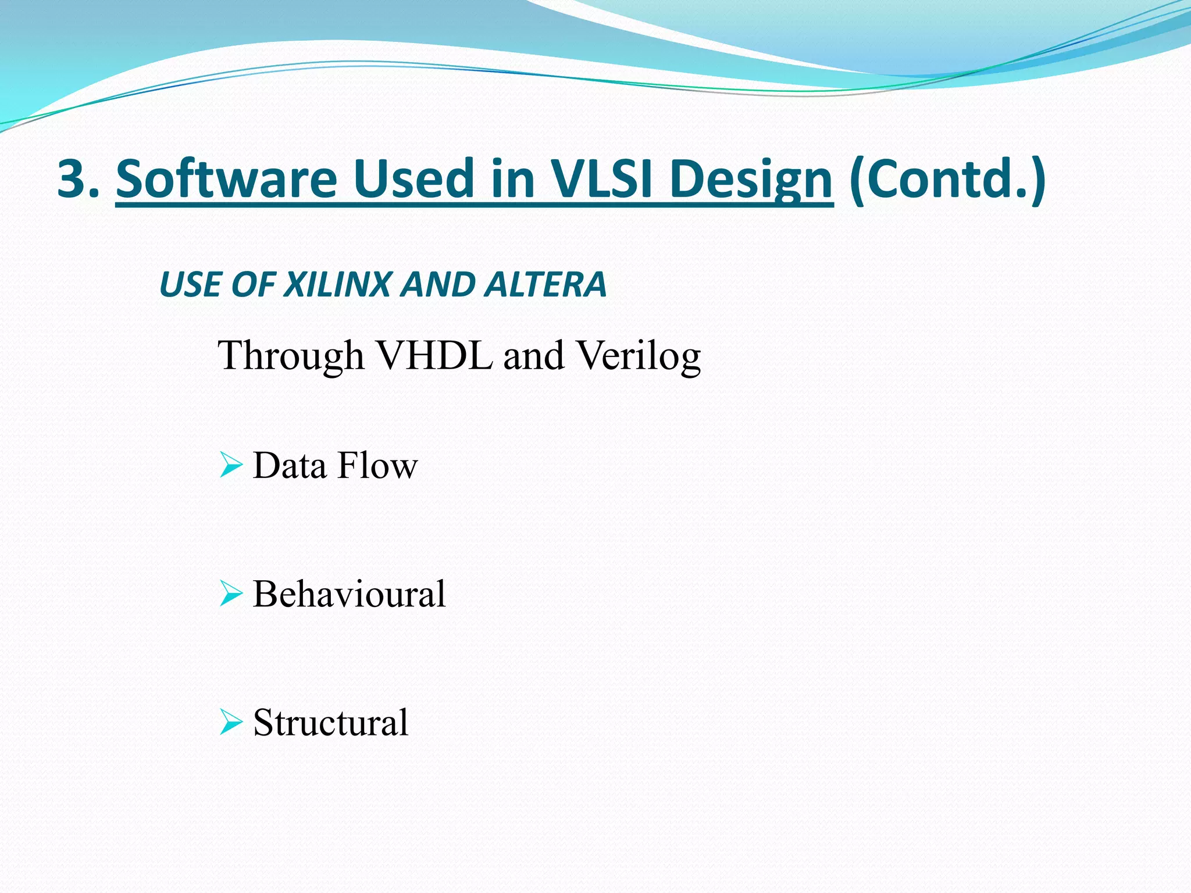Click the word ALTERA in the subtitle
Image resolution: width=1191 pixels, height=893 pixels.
(x=546, y=285)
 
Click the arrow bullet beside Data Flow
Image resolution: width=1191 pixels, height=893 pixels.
(x=231, y=466)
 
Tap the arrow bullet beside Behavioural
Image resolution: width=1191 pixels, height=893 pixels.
(x=231, y=594)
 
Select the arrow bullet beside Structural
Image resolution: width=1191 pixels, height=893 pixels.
(x=231, y=723)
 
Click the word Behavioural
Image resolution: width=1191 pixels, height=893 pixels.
(x=349, y=594)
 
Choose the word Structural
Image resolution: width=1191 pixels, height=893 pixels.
(x=330, y=723)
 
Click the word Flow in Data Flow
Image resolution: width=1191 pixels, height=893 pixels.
(x=377, y=466)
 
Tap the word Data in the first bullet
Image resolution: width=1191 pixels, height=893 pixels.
(x=289, y=466)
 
